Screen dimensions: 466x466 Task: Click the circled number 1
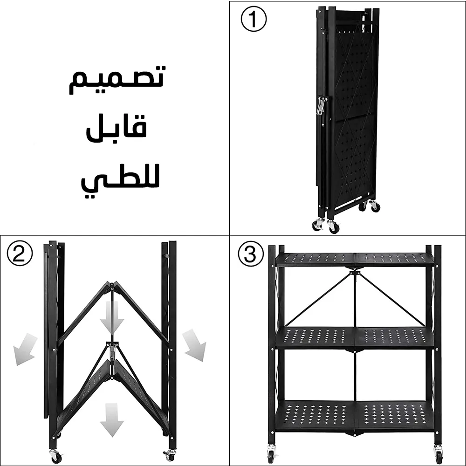pyautogui.click(x=254, y=19)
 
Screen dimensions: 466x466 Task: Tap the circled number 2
pyautogui.click(x=20, y=254)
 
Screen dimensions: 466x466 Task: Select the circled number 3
pyautogui.click(x=251, y=254)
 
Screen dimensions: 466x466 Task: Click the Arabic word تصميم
pyautogui.click(x=116, y=80)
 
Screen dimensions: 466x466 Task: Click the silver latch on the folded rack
pyautogui.click(x=322, y=106)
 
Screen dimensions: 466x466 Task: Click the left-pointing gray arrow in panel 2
pyautogui.click(x=25, y=349)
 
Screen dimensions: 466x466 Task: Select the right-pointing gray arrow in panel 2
pyautogui.click(x=194, y=345)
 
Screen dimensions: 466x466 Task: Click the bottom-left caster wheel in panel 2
pyautogui.click(x=55, y=457)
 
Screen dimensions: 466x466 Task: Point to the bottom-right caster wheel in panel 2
pyautogui.click(x=170, y=456)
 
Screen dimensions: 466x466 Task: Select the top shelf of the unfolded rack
pyautogui.click(x=355, y=259)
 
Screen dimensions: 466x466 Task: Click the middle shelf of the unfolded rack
pyautogui.click(x=355, y=338)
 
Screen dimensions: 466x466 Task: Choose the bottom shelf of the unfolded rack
pyautogui.click(x=355, y=415)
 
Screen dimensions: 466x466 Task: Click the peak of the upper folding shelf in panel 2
pyautogui.click(x=112, y=283)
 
